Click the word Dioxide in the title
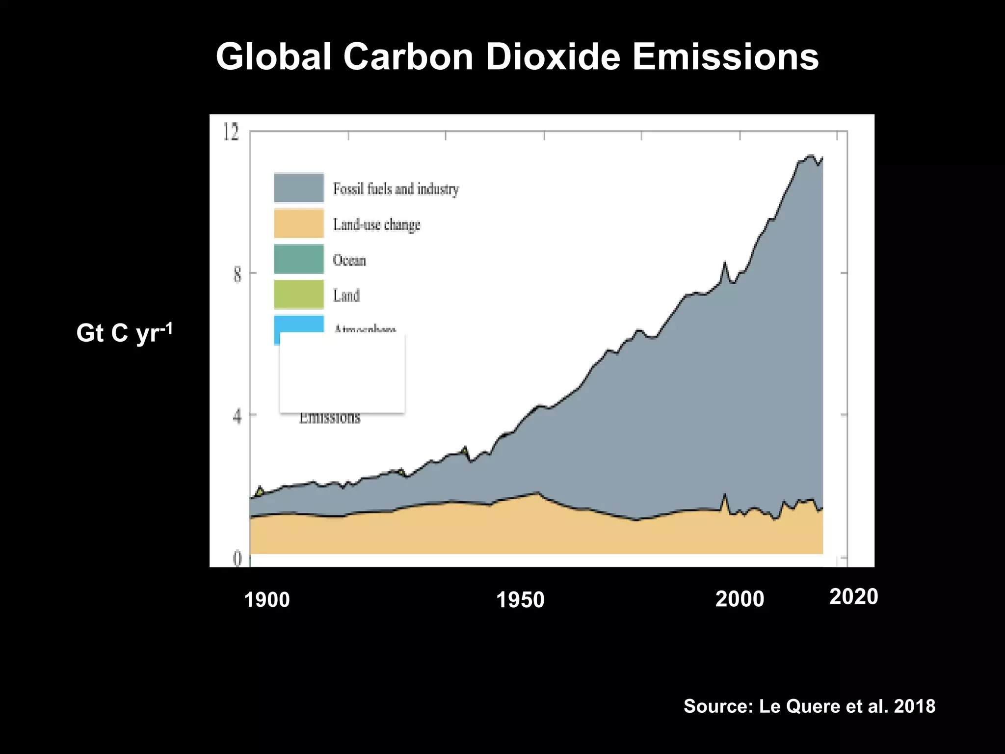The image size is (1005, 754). tap(553, 57)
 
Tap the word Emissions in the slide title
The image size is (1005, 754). tap(725, 57)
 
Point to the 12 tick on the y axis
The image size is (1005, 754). tap(231, 132)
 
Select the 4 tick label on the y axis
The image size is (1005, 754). tap(237, 417)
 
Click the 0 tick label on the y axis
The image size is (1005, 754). tap(237, 559)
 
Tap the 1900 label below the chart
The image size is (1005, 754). tap(267, 600)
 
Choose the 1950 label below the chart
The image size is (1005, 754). tap(520, 600)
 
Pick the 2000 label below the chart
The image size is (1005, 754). tap(740, 599)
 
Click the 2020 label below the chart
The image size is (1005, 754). tap(853, 597)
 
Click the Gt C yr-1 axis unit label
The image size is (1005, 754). tap(124, 333)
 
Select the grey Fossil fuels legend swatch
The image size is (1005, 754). tap(299, 188)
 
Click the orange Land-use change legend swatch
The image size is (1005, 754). tap(299, 223)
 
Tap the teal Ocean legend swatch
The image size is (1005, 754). tap(299, 259)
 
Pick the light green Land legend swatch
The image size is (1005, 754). tap(299, 294)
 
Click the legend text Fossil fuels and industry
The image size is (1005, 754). tap(396, 188)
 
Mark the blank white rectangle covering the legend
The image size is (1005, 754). tap(342, 373)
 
